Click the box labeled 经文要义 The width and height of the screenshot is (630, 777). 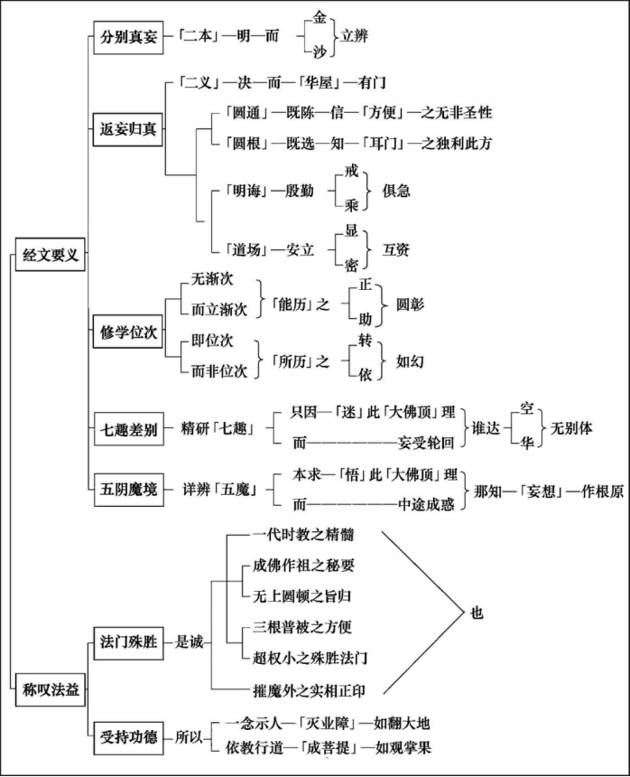tap(51, 256)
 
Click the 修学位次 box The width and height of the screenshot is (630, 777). tap(127, 332)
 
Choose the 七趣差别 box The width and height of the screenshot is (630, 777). tap(127, 430)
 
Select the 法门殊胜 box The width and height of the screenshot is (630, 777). tap(127, 642)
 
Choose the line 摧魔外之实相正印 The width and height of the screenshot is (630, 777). tap(310, 691)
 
